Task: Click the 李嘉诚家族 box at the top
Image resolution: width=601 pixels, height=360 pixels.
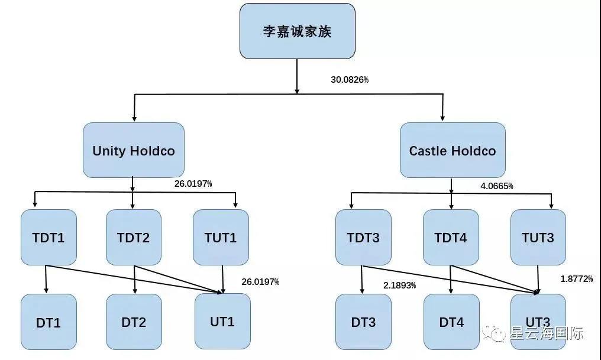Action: click(x=297, y=31)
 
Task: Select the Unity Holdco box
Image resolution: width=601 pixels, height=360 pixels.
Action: click(x=133, y=150)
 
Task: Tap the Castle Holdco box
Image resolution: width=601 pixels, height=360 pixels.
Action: click(x=453, y=150)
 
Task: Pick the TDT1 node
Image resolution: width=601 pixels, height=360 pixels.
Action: click(x=49, y=238)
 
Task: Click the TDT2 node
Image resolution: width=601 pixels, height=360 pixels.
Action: click(x=134, y=238)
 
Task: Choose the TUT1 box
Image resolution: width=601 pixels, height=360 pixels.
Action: click(x=221, y=238)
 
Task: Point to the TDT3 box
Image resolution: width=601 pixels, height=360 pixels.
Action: click(x=363, y=238)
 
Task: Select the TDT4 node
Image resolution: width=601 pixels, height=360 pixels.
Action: click(x=451, y=238)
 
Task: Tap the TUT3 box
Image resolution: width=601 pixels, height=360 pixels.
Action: click(x=538, y=238)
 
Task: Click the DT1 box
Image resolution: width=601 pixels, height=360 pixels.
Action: click(x=49, y=322)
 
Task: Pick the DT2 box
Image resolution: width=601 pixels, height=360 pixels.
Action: click(x=134, y=322)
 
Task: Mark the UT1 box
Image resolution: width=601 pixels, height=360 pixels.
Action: click(x=222, y=321)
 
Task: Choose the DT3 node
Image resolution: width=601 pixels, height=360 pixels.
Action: click(x=363, y=322)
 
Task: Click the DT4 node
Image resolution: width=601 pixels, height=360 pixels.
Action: click(x=451, y=322)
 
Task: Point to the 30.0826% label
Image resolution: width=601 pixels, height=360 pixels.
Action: click(x=350, y=79)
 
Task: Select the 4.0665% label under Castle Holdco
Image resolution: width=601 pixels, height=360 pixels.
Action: click(x=496, y=186)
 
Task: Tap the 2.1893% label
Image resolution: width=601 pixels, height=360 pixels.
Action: click(x=399, y=286)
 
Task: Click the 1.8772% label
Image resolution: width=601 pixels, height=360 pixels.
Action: click(x=576, y=279)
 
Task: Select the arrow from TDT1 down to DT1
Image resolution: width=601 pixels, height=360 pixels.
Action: click(x=46, y=279)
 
